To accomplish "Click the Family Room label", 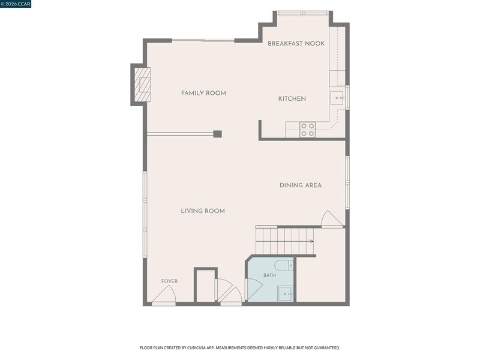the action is [203, 93].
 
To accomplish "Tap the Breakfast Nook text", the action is [296, 43].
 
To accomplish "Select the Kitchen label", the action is [292, 98].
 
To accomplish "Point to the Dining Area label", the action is [301, 185].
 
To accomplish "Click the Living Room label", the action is [203, 211].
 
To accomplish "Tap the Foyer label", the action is [169, 281].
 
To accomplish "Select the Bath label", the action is [269, 275].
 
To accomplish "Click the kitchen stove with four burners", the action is [308, 130].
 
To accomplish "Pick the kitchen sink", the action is [337, 98].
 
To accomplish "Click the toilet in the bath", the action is [284, 265].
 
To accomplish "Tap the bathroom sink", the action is [286, 293].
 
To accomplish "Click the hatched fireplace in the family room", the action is [142, 85].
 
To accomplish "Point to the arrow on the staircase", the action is [284, 241].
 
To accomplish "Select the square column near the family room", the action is [217, 134].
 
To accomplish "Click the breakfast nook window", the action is [303, 13].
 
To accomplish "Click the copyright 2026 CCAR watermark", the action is [16, 4].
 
